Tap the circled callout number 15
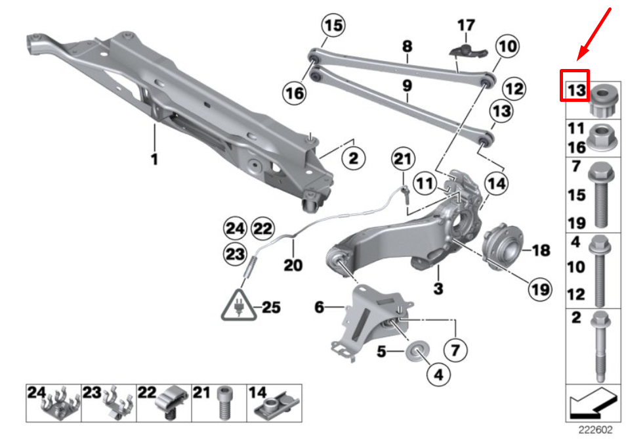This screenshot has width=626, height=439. (333, 27)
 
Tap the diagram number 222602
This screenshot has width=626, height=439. (595, 430)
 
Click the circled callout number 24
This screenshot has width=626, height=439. (234, 229)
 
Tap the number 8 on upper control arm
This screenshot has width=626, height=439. (407, 47)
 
